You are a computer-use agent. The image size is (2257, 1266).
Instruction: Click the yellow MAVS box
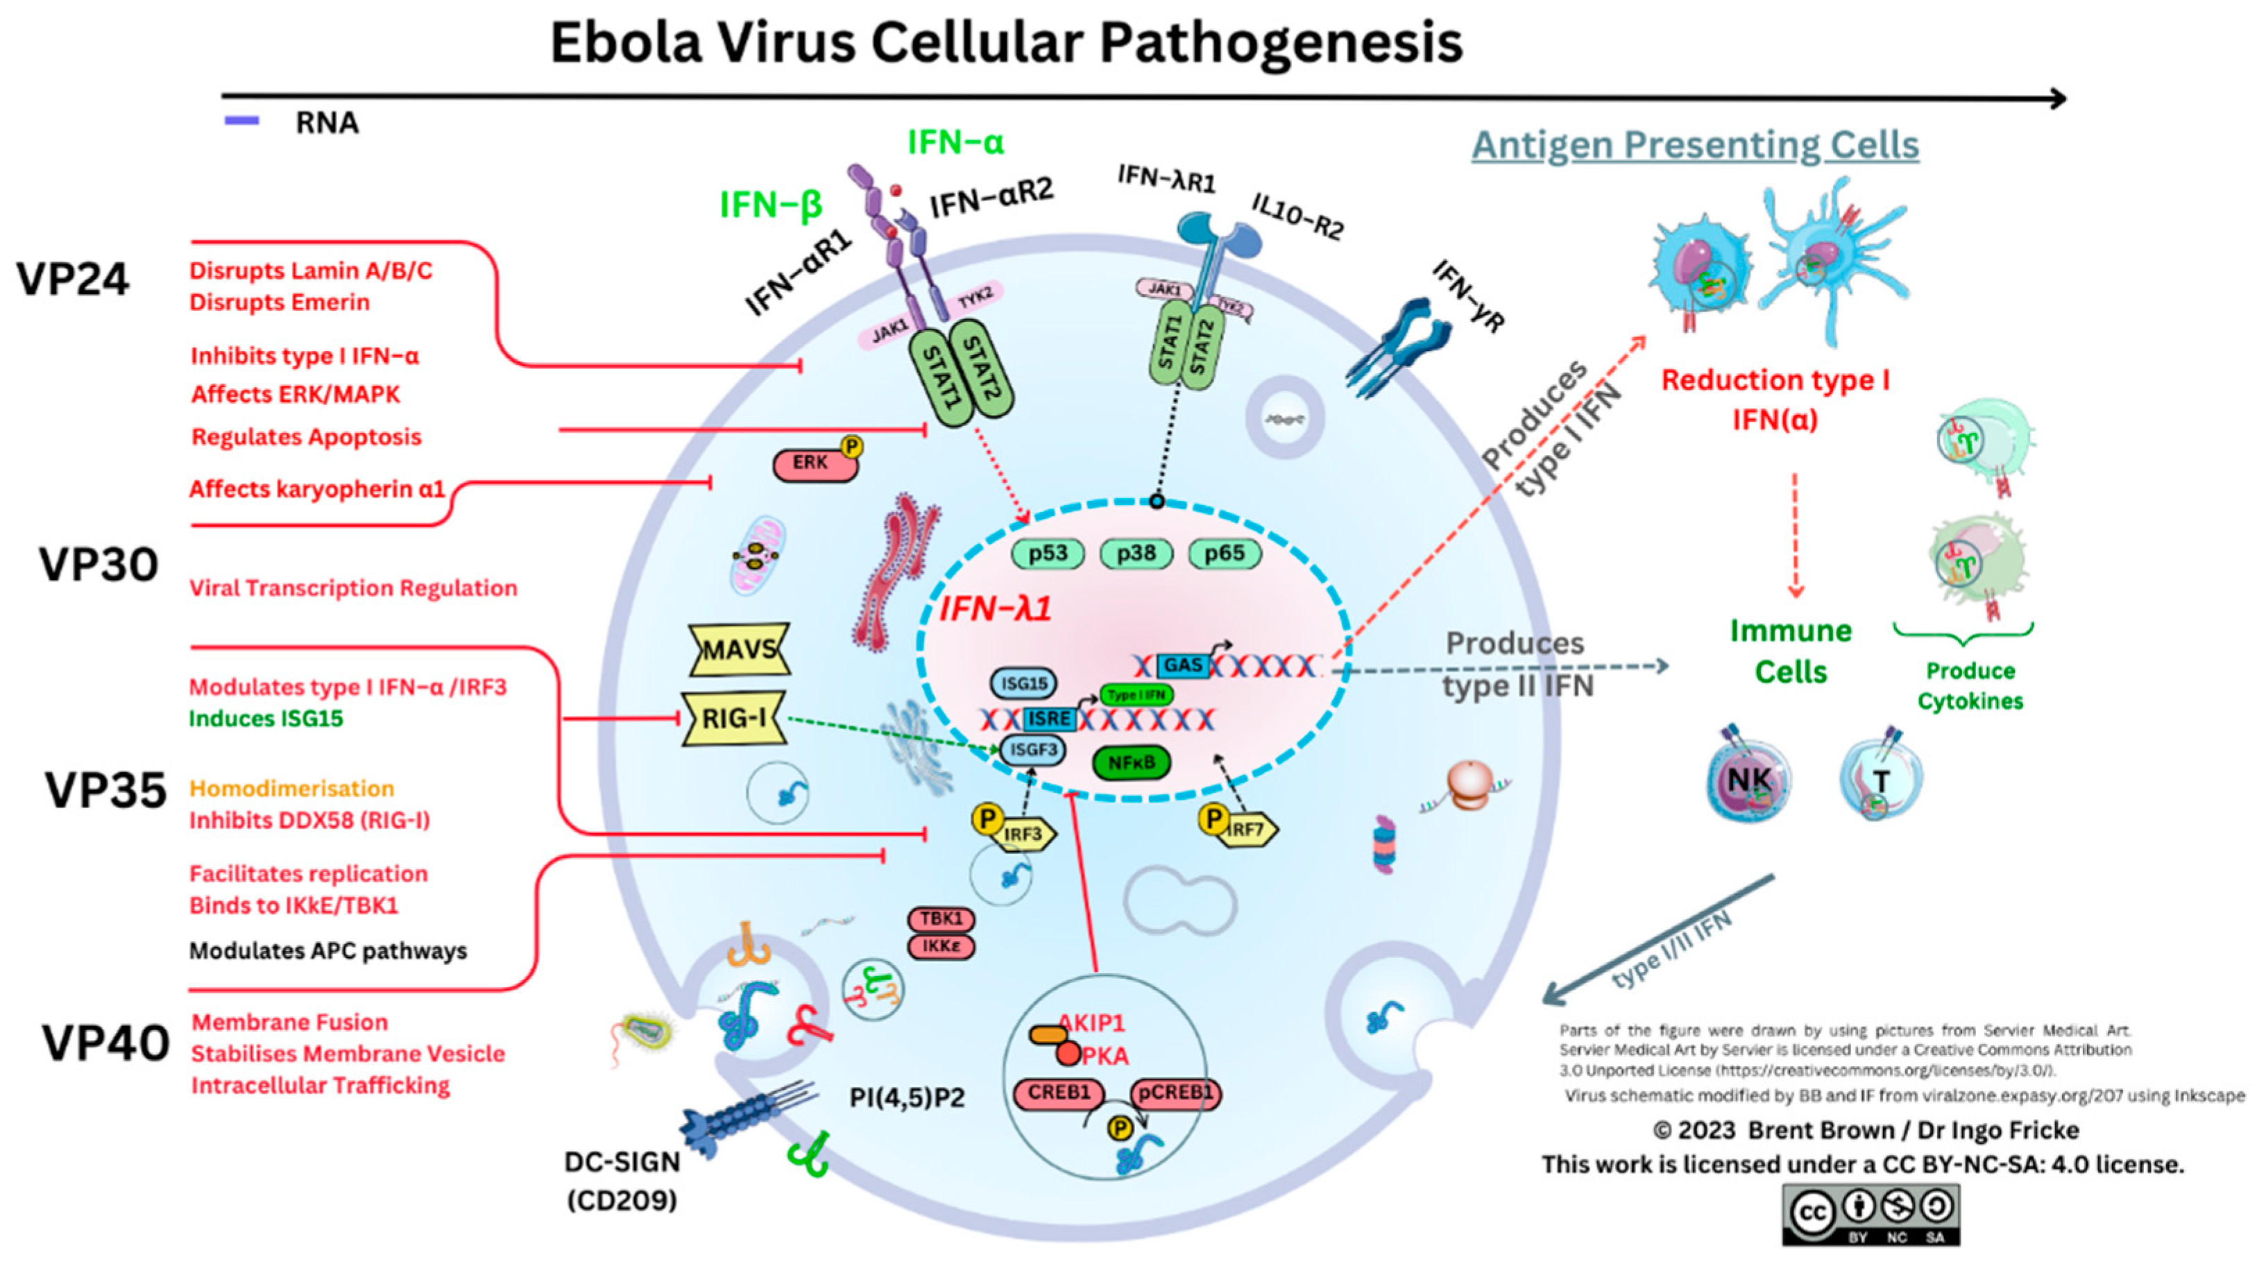tap(739, 649)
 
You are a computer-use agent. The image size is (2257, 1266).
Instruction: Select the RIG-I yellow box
tap(733, 719)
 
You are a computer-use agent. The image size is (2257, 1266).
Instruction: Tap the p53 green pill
tap(1048, 554)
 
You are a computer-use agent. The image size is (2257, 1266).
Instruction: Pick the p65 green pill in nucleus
tap(1224, 554)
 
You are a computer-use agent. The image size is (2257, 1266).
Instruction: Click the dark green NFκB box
tap(1131, 762)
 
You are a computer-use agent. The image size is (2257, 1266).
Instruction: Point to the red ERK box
tap(813, 463)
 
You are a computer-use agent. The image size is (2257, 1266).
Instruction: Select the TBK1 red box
tap(941, 918)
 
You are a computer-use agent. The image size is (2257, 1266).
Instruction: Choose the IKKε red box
tap(941, 946)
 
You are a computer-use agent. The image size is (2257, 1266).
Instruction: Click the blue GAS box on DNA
tap(1183, 666)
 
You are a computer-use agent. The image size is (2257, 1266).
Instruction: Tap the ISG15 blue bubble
tap(1023, 683)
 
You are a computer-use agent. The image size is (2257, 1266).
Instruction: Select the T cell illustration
tap(1880, 780)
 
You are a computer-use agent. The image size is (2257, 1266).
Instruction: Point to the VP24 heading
tap(73, 280)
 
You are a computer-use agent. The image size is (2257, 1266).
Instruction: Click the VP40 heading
tap(105, 1043)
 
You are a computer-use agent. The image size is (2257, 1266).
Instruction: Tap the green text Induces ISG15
tap(266, 719)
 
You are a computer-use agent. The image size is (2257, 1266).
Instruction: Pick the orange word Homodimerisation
tap(292, 789)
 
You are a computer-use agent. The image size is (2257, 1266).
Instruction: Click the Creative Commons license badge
tap(1871, 1214)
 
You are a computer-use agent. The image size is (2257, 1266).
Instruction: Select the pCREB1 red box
tap(1175, 1093)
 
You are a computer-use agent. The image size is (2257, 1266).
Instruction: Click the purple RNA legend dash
tap(242, 121)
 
